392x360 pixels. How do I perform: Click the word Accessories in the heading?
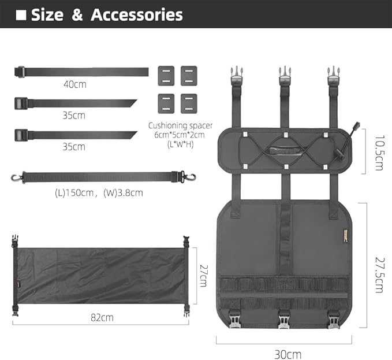tap(137, 15)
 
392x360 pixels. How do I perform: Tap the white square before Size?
tap(21, 15)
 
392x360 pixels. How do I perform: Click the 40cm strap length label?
tap(75, 84)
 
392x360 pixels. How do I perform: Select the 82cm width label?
tap(102, 317)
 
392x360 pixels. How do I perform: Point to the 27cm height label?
tap(204, 276)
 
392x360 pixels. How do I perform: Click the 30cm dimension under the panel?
tap(288, 354)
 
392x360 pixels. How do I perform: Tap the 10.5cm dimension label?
tap(379, 153)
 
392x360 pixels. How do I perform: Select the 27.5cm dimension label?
tap(379, 275)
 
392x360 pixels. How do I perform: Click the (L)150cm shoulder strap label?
tap(74, 193)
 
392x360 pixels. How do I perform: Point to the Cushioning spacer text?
tap(180, 125)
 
